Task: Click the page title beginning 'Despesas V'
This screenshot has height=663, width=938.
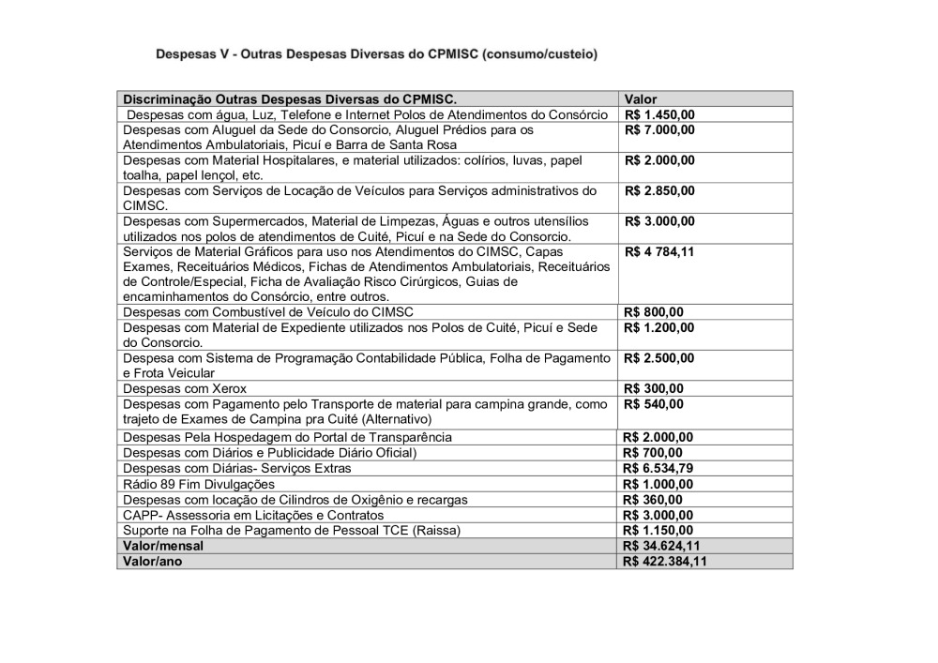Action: (x=376, y=55)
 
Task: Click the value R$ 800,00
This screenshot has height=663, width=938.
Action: (x=654, y=312)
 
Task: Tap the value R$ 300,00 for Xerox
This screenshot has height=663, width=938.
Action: (x=654, y=388)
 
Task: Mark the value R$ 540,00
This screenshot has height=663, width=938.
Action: (x=654, y=404)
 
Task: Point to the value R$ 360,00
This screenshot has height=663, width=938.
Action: (x=654, y=500)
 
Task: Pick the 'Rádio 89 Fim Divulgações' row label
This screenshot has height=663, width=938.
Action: (x=199, y=484)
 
